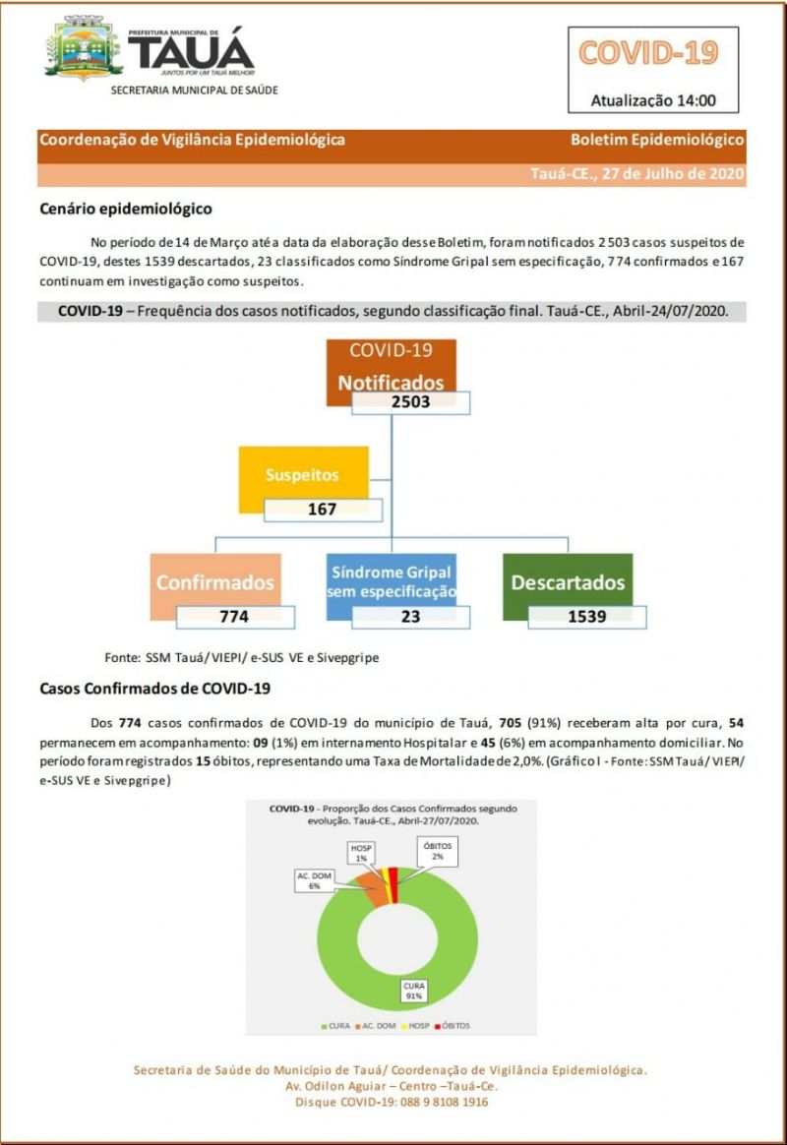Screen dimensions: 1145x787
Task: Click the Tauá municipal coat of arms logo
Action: click(84, 48)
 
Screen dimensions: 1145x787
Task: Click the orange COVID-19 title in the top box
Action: click(648, 52)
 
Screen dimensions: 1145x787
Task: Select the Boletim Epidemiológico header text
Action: click(657, 140)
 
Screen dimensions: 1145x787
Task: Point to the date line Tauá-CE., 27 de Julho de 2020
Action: click(636, 174)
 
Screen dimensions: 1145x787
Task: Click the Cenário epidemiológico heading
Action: click(125, 209)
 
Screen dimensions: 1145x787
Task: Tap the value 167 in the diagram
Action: click(322, 510)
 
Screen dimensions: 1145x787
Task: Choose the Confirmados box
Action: click(215, 582)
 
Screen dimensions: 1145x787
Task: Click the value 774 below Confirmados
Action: click(234, 617)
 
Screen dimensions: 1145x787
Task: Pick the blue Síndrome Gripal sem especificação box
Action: click(392, 581)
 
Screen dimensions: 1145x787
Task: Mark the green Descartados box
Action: click(567, 582)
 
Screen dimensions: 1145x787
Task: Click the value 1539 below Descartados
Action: click(586, 617)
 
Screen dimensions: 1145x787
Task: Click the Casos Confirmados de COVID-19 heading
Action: click(154, 689)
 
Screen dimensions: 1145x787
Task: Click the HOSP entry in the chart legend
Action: click(407, 1026)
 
